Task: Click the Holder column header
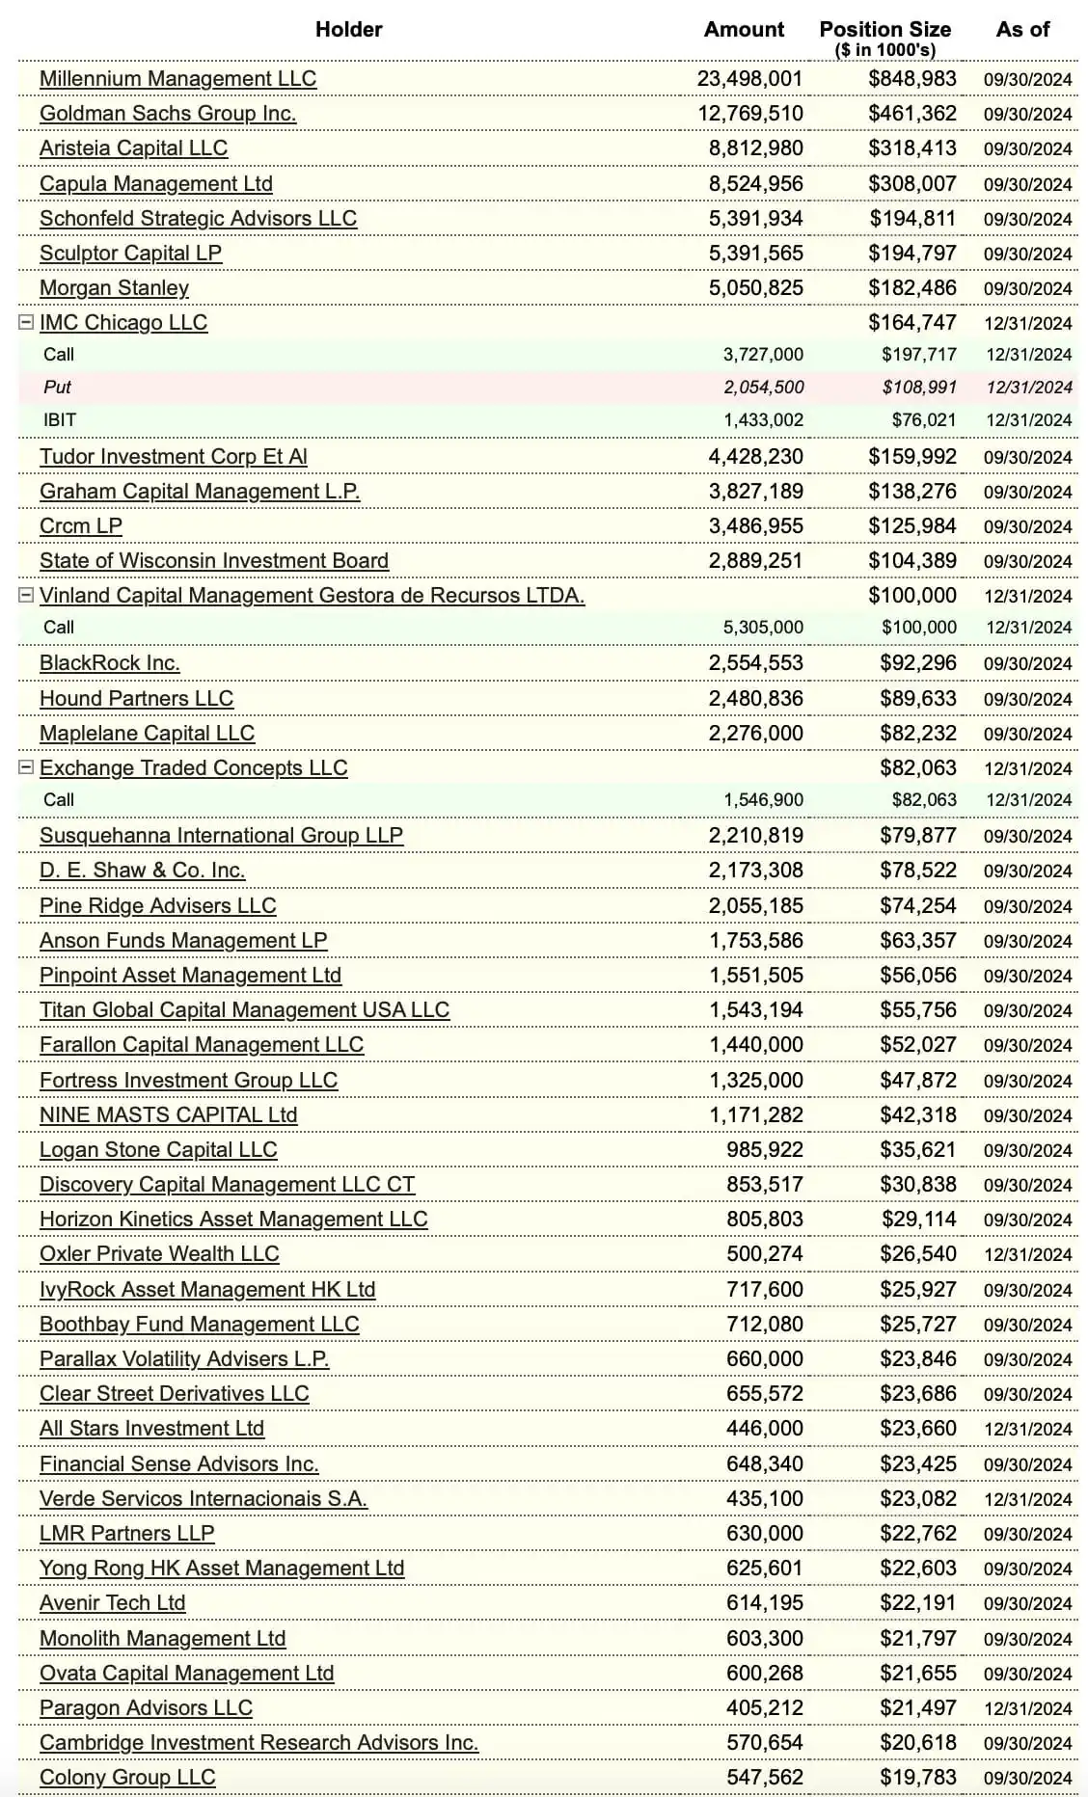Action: [x=348, y=30]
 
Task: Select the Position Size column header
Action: [x=884, y=30]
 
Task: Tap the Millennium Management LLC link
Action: [x=177, y=79]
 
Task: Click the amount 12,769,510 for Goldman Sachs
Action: [x=749, y=114]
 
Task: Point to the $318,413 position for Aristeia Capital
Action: [x=911, y=148]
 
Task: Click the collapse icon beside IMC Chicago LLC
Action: [x=27, y=323]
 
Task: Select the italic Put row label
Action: [x=58, y=388]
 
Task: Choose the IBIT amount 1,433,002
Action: [x=763, y=420]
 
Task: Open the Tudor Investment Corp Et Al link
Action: [x=174, y=457]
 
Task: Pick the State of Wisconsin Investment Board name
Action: [x=214, y=561]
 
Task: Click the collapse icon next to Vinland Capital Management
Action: [x=27, y=596]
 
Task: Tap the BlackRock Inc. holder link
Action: [x=110, y=663]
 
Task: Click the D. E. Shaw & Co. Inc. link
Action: [x=143, y=871]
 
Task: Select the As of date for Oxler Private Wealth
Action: [x=1027, y=1255]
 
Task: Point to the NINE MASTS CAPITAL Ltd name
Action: [x=169, y=1115]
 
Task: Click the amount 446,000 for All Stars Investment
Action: [x=764, y=1429]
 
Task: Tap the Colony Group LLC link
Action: [x=127, y=1778]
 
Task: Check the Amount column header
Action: [x=744, y=30]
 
